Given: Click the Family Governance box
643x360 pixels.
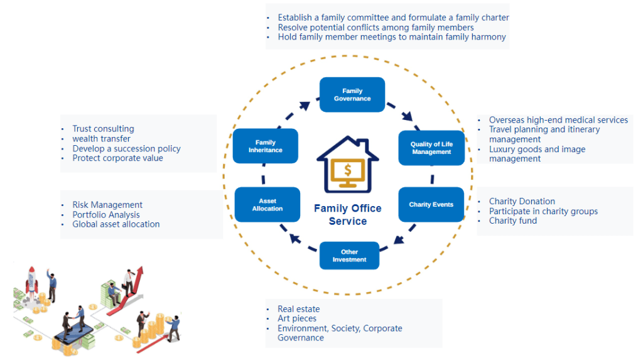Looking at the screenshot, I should tap(352, 95).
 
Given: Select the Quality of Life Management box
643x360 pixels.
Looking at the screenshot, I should tap(431, 148).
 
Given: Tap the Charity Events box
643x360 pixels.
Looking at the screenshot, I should tap(431, 205).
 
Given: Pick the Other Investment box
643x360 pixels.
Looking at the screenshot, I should tap(349, 256).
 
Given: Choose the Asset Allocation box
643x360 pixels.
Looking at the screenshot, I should tap(267, 205).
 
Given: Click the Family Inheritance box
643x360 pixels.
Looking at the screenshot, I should tap(265, 146).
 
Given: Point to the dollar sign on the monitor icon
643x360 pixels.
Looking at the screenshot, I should tap(348, 170).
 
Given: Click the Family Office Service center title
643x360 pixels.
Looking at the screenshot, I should tap(347, 215).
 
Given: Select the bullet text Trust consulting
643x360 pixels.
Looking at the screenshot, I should tap(103, 129).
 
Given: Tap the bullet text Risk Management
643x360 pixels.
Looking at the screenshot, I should tap(107, 205).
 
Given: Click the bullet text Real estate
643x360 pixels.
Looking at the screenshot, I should tap(299, 309).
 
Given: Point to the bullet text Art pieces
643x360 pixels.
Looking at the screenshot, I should tap(297, 319).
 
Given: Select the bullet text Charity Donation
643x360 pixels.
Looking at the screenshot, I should tap(522, 202).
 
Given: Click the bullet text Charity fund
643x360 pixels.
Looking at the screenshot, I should tap(513, 221).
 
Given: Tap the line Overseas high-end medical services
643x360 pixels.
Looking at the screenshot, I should tap(558, 120).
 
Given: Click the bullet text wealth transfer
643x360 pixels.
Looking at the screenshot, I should tap(102, 138).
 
